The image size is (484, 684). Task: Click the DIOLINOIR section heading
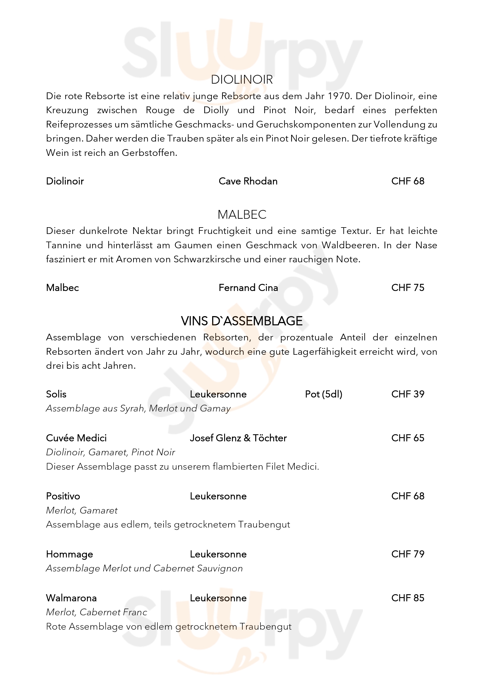pyautogui.click(x=242, y=80)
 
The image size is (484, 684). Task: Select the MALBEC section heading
pyautogui.click(x=242, y=214)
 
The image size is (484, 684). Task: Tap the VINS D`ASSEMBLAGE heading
pyautogui.click(x=242, y=321)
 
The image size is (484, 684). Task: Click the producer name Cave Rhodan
pyautogui.click(x=248, y=181)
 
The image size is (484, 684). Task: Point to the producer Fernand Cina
pyautogui.click(x=248, y=288)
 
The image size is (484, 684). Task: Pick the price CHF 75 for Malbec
pyautogui.click(x=408, y=288)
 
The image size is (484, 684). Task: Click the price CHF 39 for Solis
pyautogui.click(x=408, y=394)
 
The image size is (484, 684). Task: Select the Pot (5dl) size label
pyautogui.click(x=324, y=394)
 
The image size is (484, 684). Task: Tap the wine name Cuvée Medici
pyautogui.click(x=76, y=438)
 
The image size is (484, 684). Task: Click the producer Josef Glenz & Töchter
pyautogui.click(x=238, y=438)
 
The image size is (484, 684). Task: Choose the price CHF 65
pyautogui.click(x=408, y=438)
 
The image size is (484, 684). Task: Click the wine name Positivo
pyautogui.click(x=63, y=496)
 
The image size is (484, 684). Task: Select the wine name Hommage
pyautogui.click(x=69, y=554)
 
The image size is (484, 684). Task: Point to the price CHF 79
pyautogui.click(x=408, y=554)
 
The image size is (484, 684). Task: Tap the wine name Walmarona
pyautogui.click(x=71, y=598)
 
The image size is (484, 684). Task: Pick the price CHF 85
pyautogui.click(x=408, y=598)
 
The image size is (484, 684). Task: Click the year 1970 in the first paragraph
pyautogui.click(x=338, y=96)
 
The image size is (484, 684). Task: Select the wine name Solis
pyautogui.click(x=56, y=394)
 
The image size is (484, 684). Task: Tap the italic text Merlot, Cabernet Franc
pyautogui.click(x=97, y=612)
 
